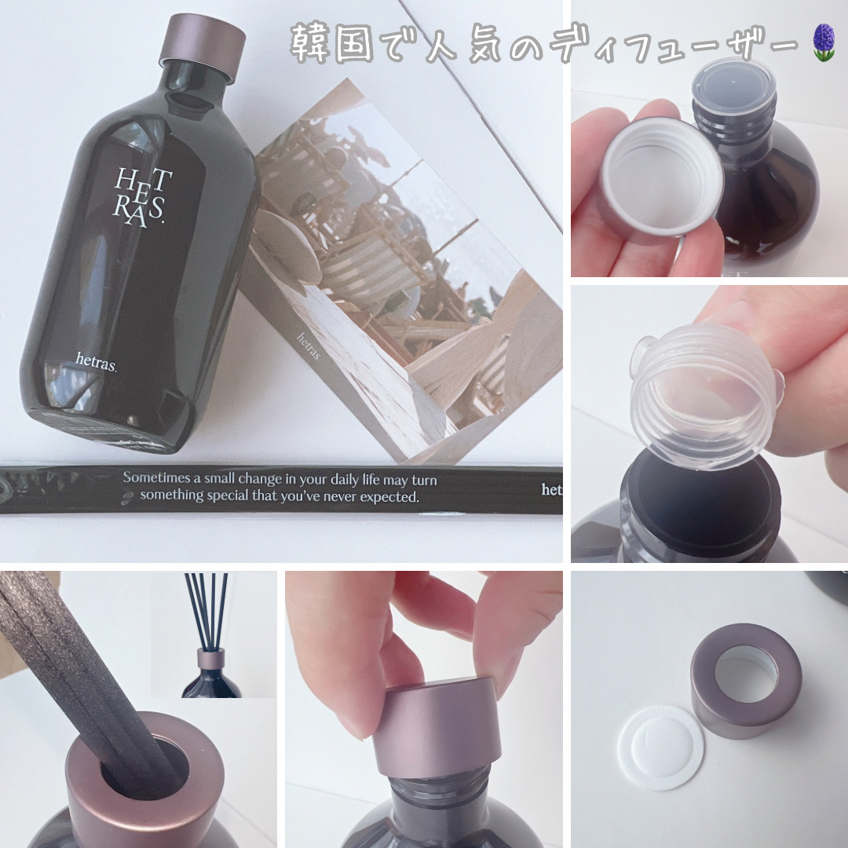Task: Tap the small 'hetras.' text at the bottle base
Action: point(96,361)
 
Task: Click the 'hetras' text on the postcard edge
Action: point(309,346)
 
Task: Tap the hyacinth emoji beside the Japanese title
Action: point(824,42)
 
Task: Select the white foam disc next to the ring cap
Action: point(660,747)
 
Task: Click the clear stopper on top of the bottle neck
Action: point(733,84)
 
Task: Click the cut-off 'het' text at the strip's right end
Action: point(552,489)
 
